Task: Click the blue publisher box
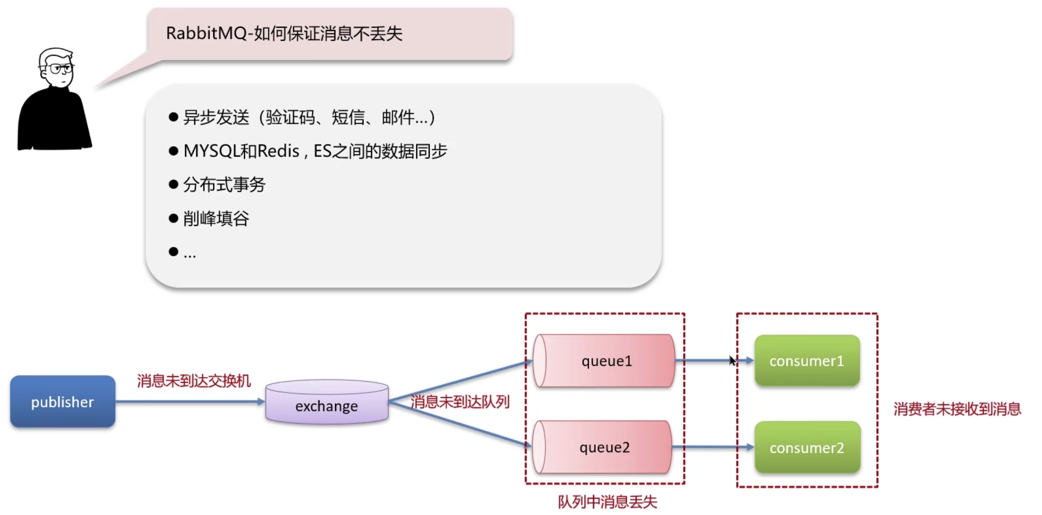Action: pos(63,402)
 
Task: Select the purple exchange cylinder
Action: pos(327,402)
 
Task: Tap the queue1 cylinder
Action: pos(605,361)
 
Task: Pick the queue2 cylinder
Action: pos(603,447)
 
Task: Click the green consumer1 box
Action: pos(807,361)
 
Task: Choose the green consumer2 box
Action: pos(807,447)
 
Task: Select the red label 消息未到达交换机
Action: pos(194,381)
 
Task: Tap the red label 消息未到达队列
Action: pos(460,402)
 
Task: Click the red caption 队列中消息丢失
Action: pos(607,502)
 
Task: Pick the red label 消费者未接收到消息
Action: pos(957,409)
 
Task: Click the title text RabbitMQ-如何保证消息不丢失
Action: pos(284,34)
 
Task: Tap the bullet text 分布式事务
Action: pos(225,185)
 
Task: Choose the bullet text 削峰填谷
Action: pos(216,218)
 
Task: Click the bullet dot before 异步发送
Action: pos(173,117)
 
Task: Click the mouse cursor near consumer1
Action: pos(732,360)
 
